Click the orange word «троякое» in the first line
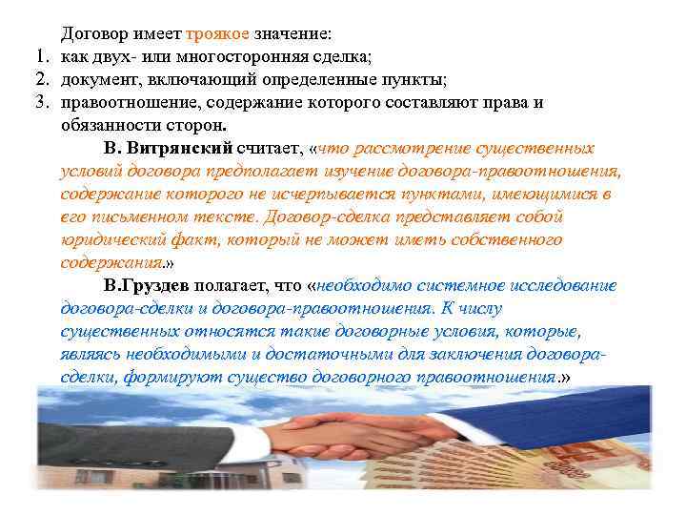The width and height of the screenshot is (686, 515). point(218,33)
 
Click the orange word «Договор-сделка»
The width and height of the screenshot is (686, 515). point(325,216)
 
